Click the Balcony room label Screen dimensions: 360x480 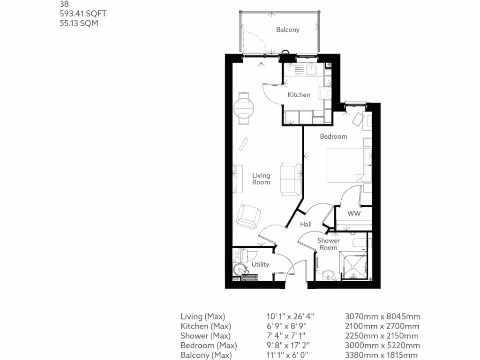[x=287, y=30]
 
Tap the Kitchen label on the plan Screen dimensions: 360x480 [x=299, y=95]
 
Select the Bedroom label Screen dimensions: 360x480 [x=333, y=136]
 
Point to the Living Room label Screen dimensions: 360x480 [x=261, y=179]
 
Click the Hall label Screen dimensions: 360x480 [x=306, y=225]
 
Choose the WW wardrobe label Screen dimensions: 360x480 [x=353, y=214]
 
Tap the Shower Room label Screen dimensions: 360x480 [x=328, y=244]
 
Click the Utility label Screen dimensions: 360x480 [x=260, y=264]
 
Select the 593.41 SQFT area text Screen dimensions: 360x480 [x=79, y=14]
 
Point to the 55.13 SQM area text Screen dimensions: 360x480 [x=79, y=23]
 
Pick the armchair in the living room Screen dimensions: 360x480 [x=248, y=216]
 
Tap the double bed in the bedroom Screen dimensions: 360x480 [x=345, y=165]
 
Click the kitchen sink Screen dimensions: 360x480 [x=312, y=70]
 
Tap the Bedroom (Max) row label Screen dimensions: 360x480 [x=209, y=345]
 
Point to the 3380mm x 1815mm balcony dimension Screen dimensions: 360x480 [x=381, y=355]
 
